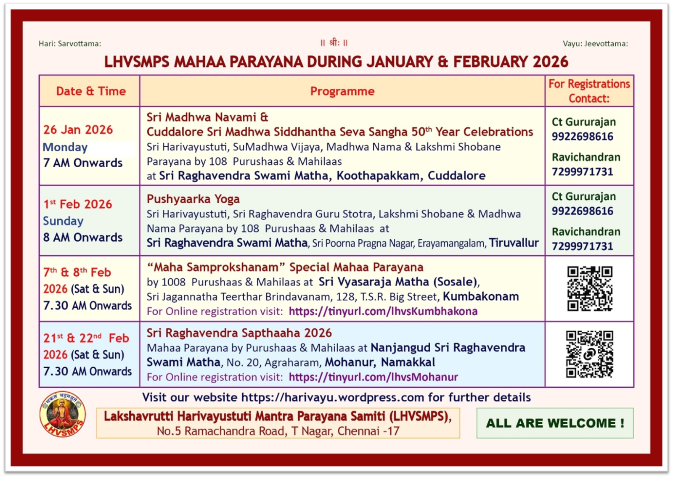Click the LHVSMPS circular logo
(63, 414)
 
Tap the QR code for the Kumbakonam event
(589, 288)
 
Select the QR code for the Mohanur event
(589, 354)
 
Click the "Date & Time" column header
(91, 91)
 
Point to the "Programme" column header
(342, 91)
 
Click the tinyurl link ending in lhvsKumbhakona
(383, 311)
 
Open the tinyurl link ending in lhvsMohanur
(373, 377)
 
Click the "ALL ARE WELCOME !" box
(555, 423)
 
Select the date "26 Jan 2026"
(78, 130)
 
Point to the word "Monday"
(65, 147)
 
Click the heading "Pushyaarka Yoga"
(193, 199)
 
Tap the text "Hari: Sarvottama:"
(70, 44)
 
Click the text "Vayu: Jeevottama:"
(595, 44)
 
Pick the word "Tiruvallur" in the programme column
(514, 243)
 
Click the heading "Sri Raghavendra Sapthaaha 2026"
(239, 333)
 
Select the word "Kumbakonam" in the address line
(481, 296)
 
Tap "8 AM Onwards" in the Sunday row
(83, 237)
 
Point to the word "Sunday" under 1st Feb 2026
(63, 221)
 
